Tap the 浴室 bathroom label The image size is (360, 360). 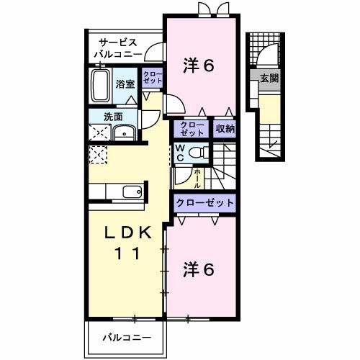click(125, 84)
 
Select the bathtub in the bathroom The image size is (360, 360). click(101, 86)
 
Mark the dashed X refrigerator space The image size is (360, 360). click(98, 155)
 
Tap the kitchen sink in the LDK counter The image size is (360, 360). click(131, 192)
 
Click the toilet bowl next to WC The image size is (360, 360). click(201, 153)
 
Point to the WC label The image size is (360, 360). click(181, 153)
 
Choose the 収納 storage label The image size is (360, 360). click(225, 129)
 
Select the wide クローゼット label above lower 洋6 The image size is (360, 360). click(205, 203)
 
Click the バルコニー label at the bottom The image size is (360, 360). click(126, 337)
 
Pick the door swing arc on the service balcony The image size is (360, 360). click(153, 52)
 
